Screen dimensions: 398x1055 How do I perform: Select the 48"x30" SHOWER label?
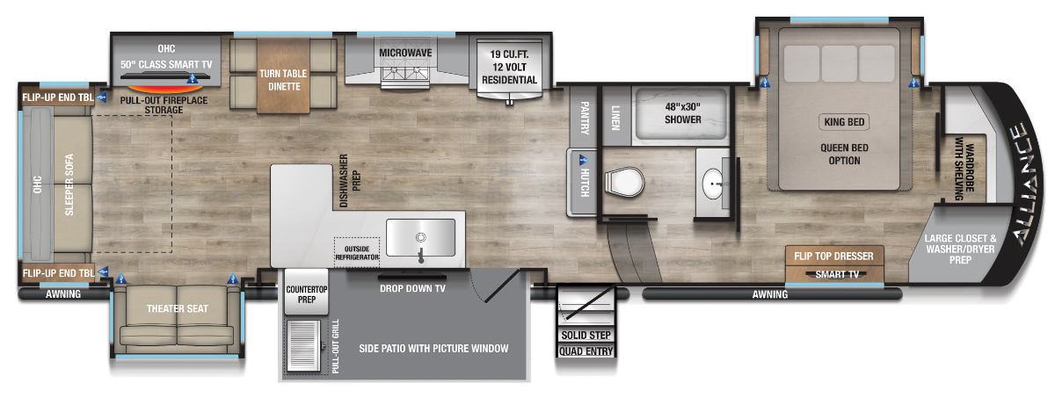(682, 112)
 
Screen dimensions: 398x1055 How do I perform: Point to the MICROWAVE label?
(404, 53)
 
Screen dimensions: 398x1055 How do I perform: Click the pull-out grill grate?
(307, 348)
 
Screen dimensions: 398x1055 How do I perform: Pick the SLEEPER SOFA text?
(69, 185)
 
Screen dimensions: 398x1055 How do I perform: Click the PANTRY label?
(583, 117)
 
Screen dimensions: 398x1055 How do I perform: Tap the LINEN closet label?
(616, 116)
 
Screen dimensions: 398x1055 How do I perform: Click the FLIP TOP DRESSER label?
(834, 257)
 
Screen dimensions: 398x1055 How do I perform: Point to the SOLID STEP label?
(586, 336)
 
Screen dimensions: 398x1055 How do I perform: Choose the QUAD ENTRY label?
(586, 351)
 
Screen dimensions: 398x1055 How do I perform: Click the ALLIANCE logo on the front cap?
(1023, 185)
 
